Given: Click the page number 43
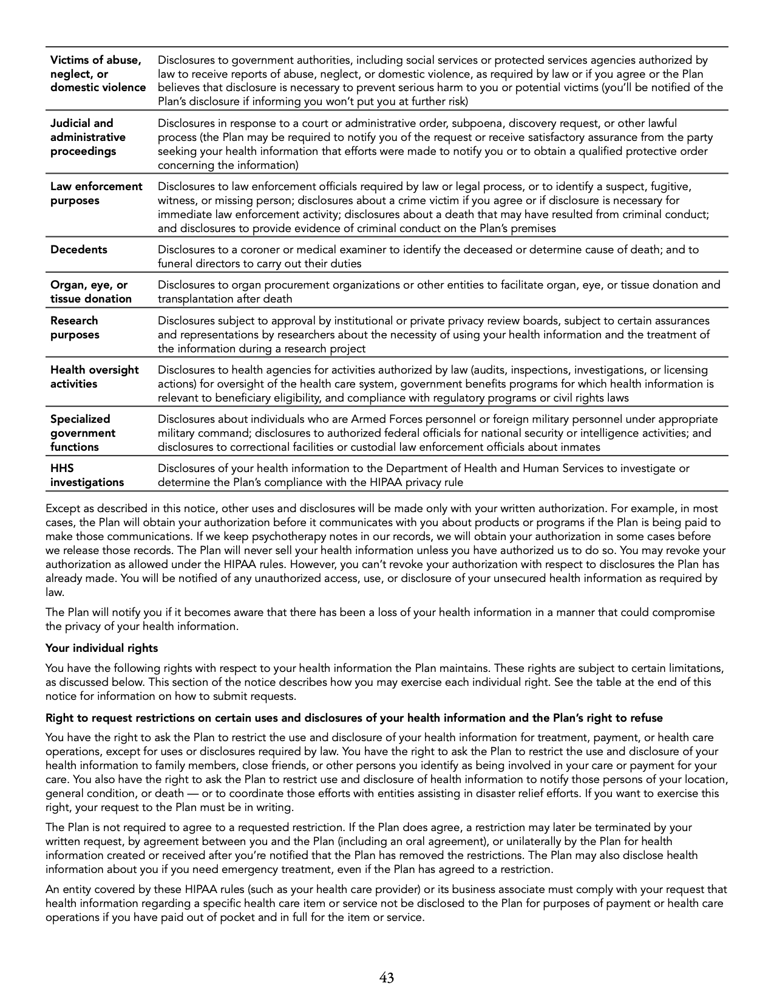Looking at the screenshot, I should [387, 977].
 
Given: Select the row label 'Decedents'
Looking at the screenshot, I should [78, 250].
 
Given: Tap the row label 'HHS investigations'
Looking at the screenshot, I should [86, 476].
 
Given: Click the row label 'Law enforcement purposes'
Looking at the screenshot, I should [96, 193].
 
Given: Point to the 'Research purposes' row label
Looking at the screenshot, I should [74, 327].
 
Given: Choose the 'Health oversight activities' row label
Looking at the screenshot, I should [94, 377].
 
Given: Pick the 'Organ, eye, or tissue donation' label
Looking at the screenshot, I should [90, 292].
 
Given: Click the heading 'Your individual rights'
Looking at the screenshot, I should [101, 648].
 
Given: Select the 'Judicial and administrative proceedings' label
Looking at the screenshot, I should [87, 137].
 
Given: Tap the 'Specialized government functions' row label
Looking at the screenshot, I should [83, 433].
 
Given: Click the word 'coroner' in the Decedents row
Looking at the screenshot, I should [261, 250].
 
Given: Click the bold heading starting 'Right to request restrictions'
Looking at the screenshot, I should [354, 718].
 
